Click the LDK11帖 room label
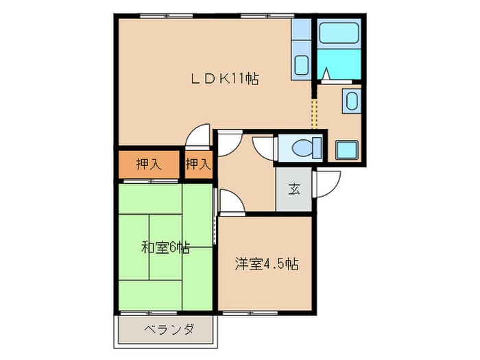click(x=224, y=78)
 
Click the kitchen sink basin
click(x=300, y=66)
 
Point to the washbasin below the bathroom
click(x=351, y=103)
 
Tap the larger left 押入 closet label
click(x=149, y=165)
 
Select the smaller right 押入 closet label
click(x=198, y=165)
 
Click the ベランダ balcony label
click(x=169, y=330)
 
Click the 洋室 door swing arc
click(x=230, y=202)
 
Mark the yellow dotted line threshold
click(x=315, y=112)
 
